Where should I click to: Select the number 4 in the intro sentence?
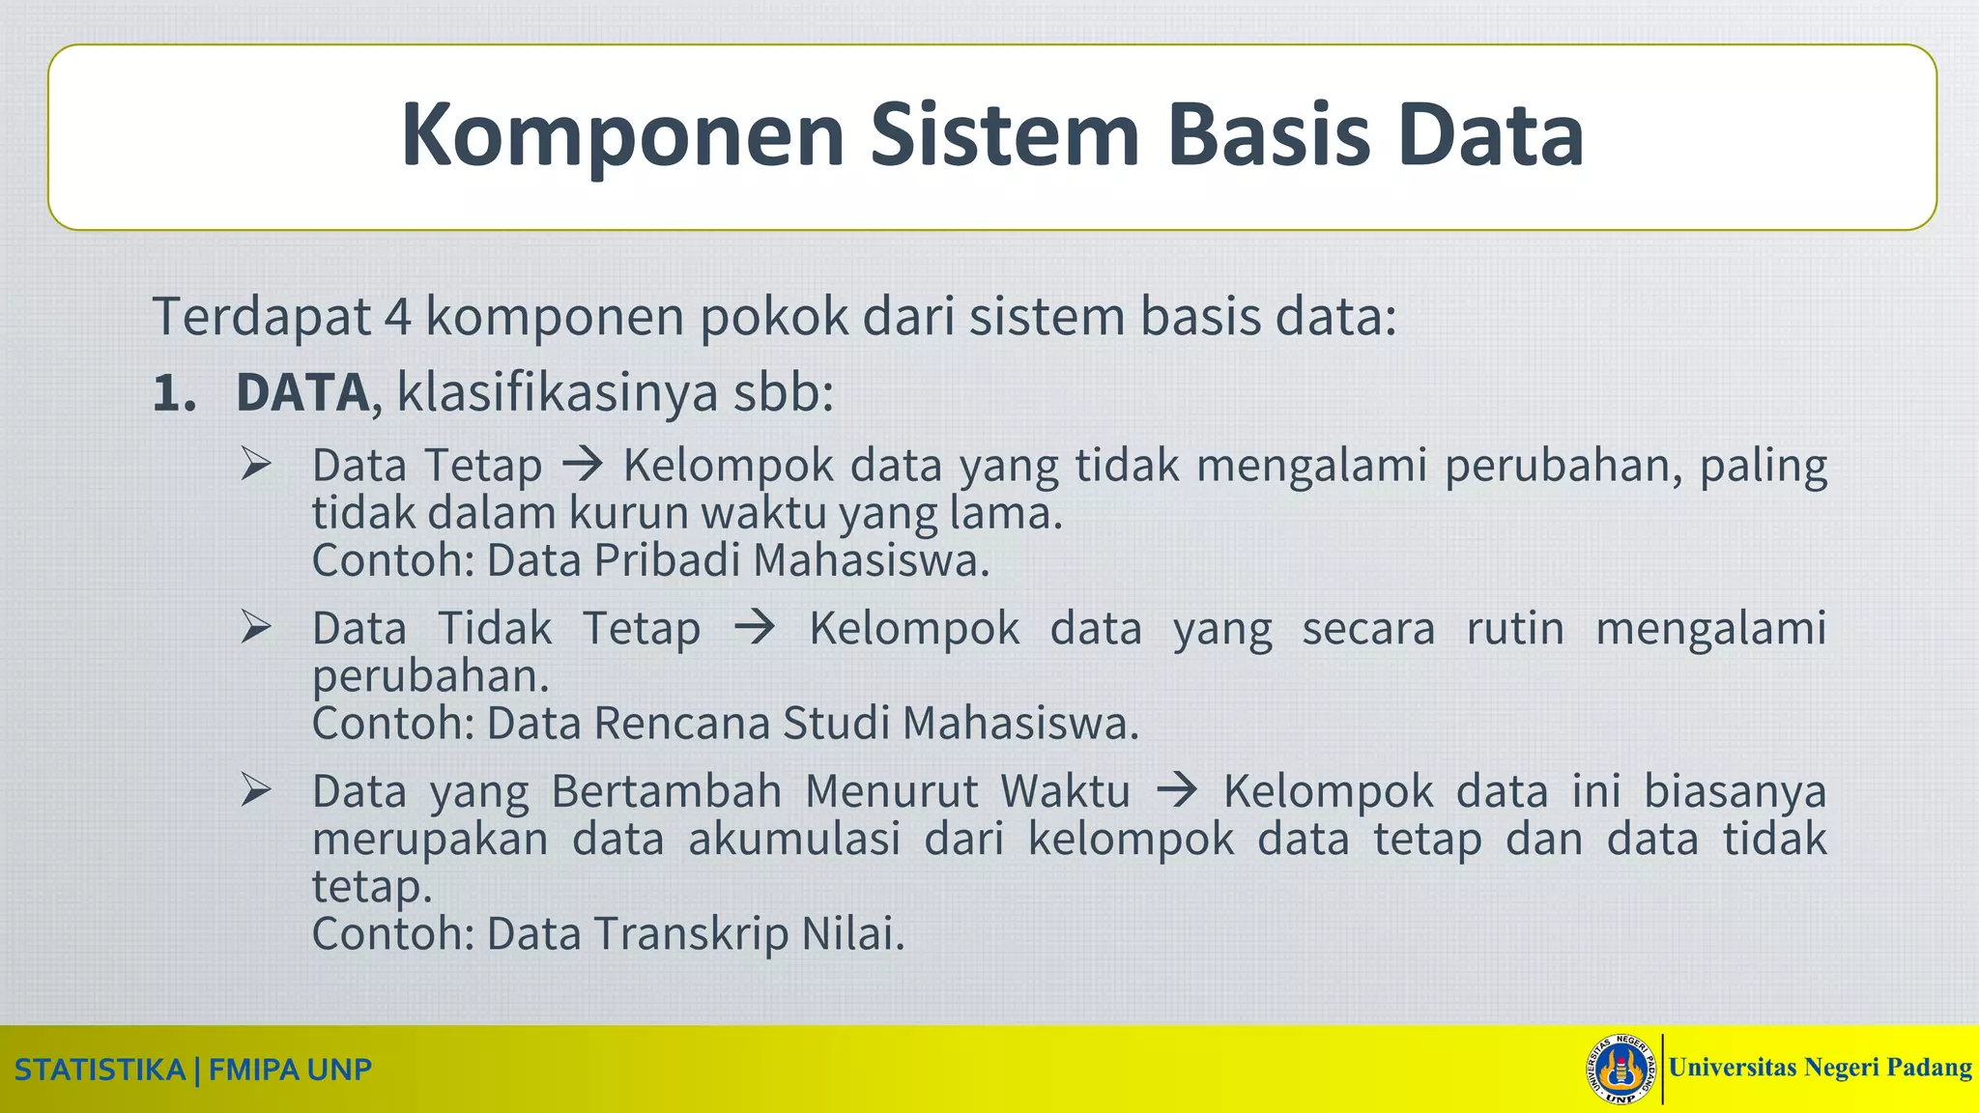click(x=397, y=316)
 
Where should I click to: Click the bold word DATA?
click(x=302, y=393)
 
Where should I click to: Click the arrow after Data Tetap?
click(x=582, y=465)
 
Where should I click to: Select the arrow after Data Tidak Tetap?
click(x=754, y=628)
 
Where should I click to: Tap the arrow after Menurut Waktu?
click(x=1176, y=791)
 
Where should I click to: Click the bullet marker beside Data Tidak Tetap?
click(x=256, y=628)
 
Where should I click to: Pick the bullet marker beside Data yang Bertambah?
click(x=256, y=791)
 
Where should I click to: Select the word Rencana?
click(x=682, y=724)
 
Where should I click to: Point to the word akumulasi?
click(x=794, y=838)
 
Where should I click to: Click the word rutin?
click(x=1514, y=628)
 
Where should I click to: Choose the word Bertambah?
click(x=666, y=791)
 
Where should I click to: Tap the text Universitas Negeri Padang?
click(x=1820, y=1068)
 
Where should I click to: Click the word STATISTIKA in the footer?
click(x=100, y=1070)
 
